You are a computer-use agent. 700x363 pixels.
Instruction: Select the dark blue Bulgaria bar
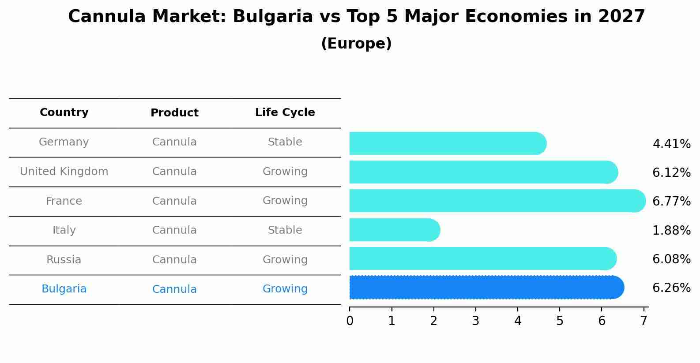pos(486,288)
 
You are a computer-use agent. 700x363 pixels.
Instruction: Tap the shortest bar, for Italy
pos(394,230)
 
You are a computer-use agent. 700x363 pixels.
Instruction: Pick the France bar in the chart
pos(497,201)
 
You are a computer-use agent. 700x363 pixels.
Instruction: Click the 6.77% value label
pos(671,201)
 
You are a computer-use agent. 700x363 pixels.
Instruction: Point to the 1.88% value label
pos(671,230)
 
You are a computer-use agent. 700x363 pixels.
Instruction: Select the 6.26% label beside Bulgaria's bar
pos(671,288)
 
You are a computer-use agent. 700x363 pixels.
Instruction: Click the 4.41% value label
pos(671,144)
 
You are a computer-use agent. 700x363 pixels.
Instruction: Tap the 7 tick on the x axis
pos(644,321)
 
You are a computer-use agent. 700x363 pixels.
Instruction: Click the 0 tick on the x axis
pos(350,321)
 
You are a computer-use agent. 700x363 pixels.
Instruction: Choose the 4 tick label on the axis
pos(518,321)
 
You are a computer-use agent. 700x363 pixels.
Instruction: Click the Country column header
pos(64,112)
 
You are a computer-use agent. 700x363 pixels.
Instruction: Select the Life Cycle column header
pos(285,112)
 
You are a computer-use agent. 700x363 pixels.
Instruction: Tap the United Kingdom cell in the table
pos(64,172)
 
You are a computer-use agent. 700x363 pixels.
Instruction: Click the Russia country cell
pos(64,260)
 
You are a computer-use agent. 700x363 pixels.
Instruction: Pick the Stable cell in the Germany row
pos(285,142)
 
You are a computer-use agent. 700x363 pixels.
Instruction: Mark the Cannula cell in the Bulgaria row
pos(174,289)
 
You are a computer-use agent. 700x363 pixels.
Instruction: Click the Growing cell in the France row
pos(285,201)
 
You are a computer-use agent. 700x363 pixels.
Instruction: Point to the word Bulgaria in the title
pos(273,17)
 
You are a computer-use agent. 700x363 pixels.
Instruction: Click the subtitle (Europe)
pos(356,44)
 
